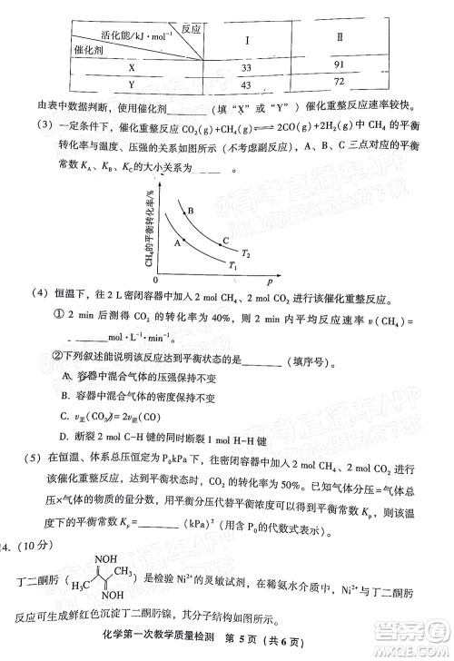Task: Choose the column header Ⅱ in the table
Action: click(339, 41)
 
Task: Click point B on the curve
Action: click(192, 211)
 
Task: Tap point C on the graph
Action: click(225, 240)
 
